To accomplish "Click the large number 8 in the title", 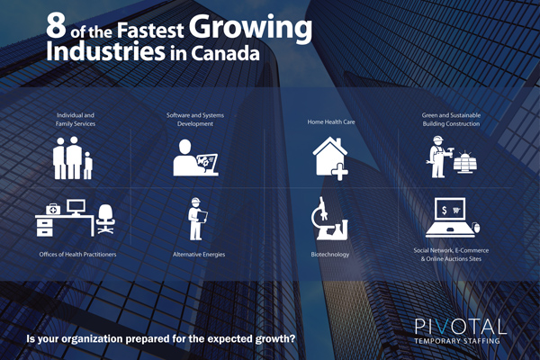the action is click(x=56, y=26).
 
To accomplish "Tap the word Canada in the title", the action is click(x=225, y=53).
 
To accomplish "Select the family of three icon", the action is click(x=73, y=157).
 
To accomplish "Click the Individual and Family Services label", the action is click(x=76, y=119).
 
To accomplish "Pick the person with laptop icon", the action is click(x=195, y=157).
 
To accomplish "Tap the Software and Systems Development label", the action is click(x=195, y=119).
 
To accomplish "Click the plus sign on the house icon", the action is click(x=339, y=172).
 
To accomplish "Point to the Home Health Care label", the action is click(x=331, y=122).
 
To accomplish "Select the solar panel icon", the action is click(x=465, y=162).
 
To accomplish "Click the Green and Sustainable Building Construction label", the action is click(x=451, y=119).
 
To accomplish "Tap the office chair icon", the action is click(x=105, y=219).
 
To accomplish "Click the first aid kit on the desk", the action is click(x=53, y=209).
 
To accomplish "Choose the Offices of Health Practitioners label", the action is click(x=77, y=255).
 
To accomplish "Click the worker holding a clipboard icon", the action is click(x=196, y=219).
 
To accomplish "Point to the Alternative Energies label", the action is click(x=199, y=255).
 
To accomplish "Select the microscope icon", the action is click(x=328, y=219).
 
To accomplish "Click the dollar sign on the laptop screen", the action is click(x=445, y=210).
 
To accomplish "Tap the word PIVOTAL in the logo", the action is click(x=461, y=326).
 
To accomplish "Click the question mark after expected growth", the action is click(x=292, y=338).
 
